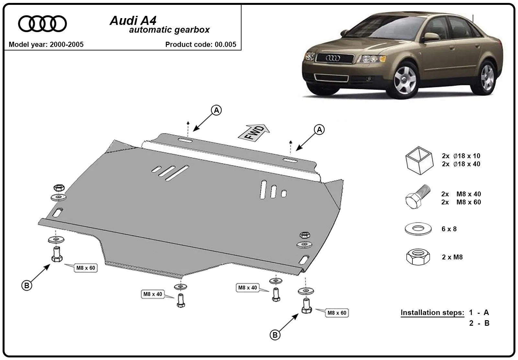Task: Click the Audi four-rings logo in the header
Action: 42,24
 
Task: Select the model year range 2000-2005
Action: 67,44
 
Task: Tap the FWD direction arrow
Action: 254,133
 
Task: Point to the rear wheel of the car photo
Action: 487,78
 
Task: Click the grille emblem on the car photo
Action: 333,58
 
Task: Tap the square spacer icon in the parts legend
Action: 419,160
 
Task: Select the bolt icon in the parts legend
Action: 418,197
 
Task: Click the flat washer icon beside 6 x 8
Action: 418,229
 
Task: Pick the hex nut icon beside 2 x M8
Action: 418,257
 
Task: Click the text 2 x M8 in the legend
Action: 452,257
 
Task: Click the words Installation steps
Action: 433,313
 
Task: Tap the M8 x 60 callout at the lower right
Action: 337,313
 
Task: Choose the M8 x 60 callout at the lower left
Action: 85,268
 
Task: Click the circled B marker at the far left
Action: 27,286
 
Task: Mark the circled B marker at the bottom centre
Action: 275,335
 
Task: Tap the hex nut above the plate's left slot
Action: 59,188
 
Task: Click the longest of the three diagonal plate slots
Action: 177,173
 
